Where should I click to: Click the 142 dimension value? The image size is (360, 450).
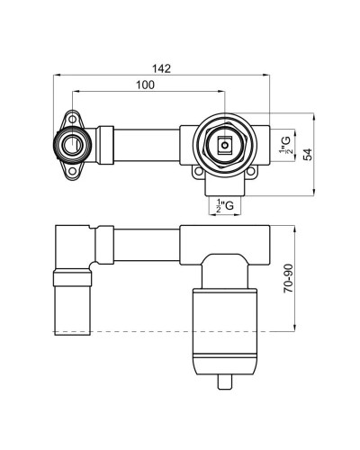coord(161,68)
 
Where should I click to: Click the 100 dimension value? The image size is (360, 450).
coord(146,85)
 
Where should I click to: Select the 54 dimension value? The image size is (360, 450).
coord(307,154)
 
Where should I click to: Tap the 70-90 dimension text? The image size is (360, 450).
coord(289,279)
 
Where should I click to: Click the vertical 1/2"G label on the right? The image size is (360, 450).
coord(285,145)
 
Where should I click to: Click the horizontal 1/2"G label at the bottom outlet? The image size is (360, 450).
coord(225,205)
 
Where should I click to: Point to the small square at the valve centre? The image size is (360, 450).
coord(224,145)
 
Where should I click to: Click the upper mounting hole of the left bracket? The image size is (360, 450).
coord(72,120)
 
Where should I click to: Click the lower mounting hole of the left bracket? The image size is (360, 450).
coord(72,171)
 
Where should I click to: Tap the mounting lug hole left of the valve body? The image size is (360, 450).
coord(198,172)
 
